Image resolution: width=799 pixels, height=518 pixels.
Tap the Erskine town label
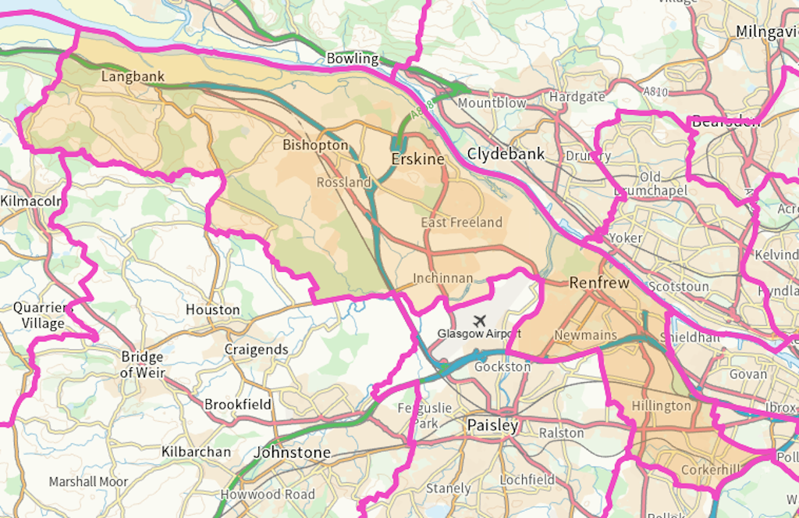417,159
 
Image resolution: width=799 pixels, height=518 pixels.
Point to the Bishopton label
315,145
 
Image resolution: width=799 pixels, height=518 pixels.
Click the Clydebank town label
506,154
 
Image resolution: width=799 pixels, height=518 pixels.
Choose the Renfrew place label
598,283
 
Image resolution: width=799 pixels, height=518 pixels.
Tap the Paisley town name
492,426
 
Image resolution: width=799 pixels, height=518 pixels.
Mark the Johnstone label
293,452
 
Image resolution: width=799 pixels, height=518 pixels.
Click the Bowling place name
352,59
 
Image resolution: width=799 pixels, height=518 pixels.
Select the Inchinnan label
443,278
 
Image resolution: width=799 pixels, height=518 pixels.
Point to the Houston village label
212,309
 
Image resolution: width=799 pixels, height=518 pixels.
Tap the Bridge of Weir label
143,365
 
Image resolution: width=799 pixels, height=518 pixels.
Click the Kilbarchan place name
196,452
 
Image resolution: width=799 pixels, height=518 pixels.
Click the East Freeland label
462,223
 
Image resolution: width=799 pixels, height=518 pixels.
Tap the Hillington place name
661,405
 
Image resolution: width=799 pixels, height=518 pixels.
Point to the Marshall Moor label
88,481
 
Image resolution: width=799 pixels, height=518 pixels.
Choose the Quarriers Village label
43,315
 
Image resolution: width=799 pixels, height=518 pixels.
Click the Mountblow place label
492,103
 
